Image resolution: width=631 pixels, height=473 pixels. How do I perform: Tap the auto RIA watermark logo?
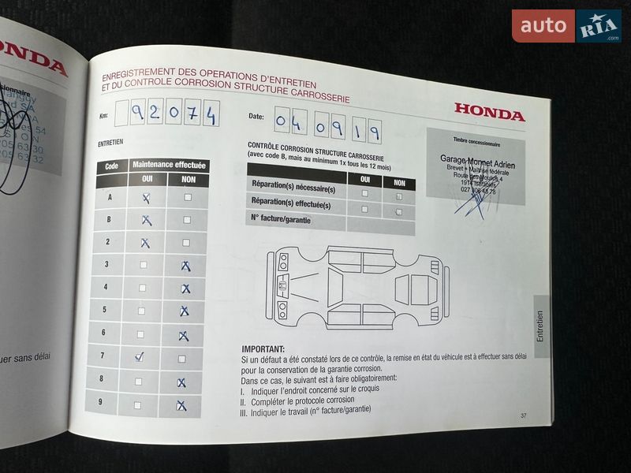pos(566,26)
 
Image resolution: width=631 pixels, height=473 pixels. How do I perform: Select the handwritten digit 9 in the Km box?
pos(136,114)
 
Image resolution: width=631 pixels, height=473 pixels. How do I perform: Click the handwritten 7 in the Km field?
pos(192,115)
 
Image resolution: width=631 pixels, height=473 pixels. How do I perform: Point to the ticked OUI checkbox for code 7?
pos(140,357)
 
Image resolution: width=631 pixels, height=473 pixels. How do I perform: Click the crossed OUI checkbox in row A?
pos(146,199)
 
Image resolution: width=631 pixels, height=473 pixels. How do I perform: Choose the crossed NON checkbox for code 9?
pos(181,406)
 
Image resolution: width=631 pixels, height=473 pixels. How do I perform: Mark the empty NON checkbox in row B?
pos(187,220)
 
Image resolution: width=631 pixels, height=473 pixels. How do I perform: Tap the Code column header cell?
pos(111,166)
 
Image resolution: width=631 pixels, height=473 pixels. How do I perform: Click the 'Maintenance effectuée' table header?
pos(169,166)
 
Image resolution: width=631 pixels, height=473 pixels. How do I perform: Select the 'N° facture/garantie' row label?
pos(281,219)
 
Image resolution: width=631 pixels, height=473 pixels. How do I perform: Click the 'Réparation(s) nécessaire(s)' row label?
pos(293,188)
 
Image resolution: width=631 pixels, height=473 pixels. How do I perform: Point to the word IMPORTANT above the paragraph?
pos(263,349)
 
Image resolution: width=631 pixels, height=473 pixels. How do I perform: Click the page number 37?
pos(524,415)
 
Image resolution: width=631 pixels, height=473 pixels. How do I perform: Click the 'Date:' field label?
pos(256,116)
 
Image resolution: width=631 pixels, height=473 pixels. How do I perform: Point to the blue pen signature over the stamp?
pos(473,201)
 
